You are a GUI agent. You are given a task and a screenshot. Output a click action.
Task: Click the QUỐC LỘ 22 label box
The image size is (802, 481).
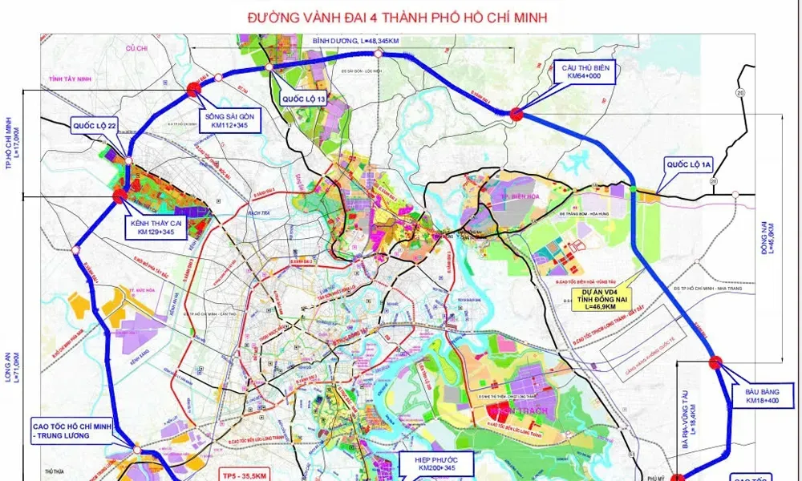click(x=95, y=127)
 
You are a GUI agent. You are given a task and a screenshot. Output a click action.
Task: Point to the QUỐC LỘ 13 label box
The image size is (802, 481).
click(x=303, y=99)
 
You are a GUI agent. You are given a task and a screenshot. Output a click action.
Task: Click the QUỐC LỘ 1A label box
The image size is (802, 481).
click(x=688, y=165)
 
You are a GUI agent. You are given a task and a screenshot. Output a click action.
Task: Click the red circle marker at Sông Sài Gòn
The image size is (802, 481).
click(x=193, y=89)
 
